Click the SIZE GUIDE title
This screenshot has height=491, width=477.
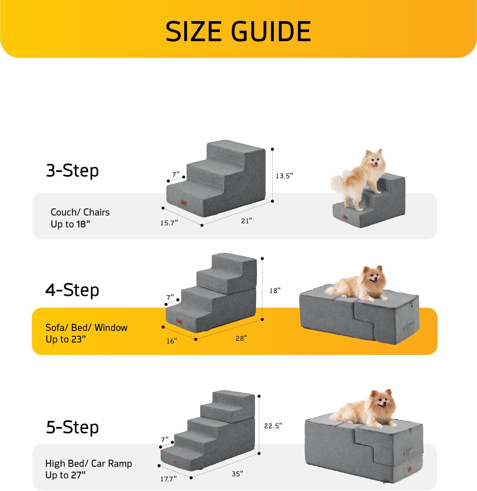click(238, 31)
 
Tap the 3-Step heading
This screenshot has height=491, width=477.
click(72, 170)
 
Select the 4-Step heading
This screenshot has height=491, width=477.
click(72, 290)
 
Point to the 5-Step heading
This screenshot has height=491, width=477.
click(72, 427)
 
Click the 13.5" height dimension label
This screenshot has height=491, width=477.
click(284, 176)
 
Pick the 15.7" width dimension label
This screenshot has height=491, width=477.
click(169, 223)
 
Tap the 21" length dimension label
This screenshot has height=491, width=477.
click(247, 221)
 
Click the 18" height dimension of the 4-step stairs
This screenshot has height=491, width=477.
click(275, 290)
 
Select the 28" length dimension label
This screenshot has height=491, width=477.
click(241, 338)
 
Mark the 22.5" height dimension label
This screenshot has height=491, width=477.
click(273, 426)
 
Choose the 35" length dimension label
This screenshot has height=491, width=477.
click(237, 474)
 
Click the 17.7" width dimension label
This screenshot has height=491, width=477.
click(169, 479)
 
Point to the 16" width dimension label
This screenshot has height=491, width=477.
click(172, 341)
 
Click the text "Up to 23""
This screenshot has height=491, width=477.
click(66, 339)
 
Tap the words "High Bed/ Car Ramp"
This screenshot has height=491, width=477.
click(89, 463)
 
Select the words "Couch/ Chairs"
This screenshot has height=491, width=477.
click(80, 212)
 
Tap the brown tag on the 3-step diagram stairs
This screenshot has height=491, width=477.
click(184, 203)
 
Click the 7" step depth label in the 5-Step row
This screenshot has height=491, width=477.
click(165, 440)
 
